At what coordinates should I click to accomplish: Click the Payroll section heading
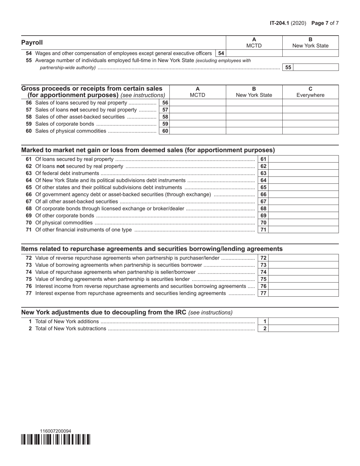pyautogui.click(x=32, y=42)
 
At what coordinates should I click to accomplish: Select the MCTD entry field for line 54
pyautogui.click(x=254, y=53)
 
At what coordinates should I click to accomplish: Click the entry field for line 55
pyautogui.click(x=316, y=67)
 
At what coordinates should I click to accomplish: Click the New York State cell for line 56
pyautogui.click(x=254, y=103)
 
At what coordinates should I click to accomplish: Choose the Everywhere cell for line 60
pyautogui.click(x=310, y=131)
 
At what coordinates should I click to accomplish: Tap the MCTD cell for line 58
pyautogui.click(x=197, y=117)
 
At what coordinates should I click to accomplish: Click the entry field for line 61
pyautogui.click(x=303, y=159)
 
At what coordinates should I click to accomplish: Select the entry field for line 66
pyautogui.click(x=303, y=194)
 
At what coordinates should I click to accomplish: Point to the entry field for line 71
pyautogui.click(x=303, y=230)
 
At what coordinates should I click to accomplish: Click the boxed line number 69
pyautogui.click(x=263, y=216)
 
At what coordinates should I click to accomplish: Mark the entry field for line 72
pyautogui.click(x=303, y=258)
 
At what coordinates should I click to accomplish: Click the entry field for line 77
pyautogui.click(x=303, y=293)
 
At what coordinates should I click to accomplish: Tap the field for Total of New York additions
pyautogui.click(x=303, y=322)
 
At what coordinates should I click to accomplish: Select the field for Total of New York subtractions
pyautogui.click(x=303, y=328)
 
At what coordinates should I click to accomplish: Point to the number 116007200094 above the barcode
pyautogui.click(x=55, y=431)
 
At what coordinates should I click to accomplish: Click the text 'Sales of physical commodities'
pyautogui.click(x=70, y=131)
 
